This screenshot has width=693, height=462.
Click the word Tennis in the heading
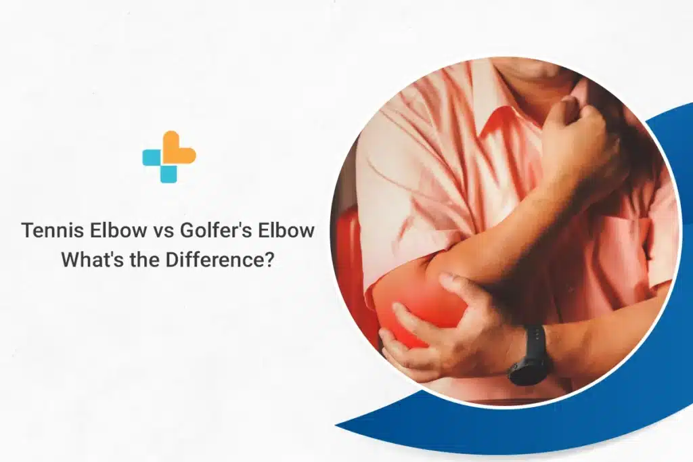tap(49, 231)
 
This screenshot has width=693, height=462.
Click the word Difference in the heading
tap(217, 260)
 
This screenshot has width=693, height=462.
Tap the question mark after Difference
tap(270, 260)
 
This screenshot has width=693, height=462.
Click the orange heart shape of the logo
tap(179, 148)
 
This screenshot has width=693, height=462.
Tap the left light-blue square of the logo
tap(152, 158)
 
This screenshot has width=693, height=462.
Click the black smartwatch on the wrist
tap(529, 356)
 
